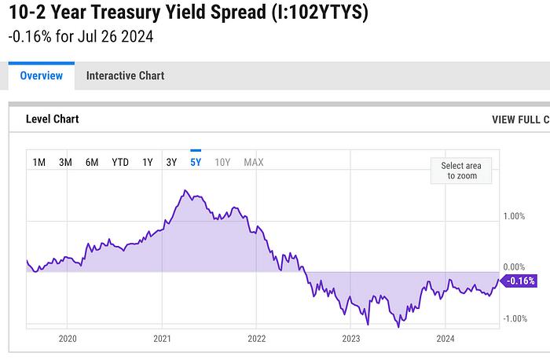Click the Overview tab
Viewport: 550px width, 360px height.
[x=41, y=75]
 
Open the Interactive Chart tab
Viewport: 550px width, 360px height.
[x=125, y=75]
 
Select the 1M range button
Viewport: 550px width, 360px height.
[x=39, y=162]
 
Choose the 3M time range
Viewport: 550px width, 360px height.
[x=65, y=162]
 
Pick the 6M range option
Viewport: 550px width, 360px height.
[x=92, y=162]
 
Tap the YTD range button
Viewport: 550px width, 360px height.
[x=120, y=162]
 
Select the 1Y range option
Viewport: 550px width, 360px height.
[x=147, y=162]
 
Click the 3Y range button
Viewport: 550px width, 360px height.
[x=171, y=162]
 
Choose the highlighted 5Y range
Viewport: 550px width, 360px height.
[x=196, y=162]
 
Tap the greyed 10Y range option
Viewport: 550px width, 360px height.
[x=222, y=162]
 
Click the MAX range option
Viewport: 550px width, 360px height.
[x=254, y=162]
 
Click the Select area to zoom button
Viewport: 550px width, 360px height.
[x=460, y=170]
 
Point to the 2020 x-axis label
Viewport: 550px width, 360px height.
[x=68, y=339]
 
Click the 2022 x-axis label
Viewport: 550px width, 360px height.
[x=256, y=339]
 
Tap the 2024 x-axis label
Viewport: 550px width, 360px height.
[x=445, y=339]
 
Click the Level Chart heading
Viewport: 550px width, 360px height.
[x=53, y=119]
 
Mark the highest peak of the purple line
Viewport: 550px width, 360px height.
[x=185, y=190]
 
